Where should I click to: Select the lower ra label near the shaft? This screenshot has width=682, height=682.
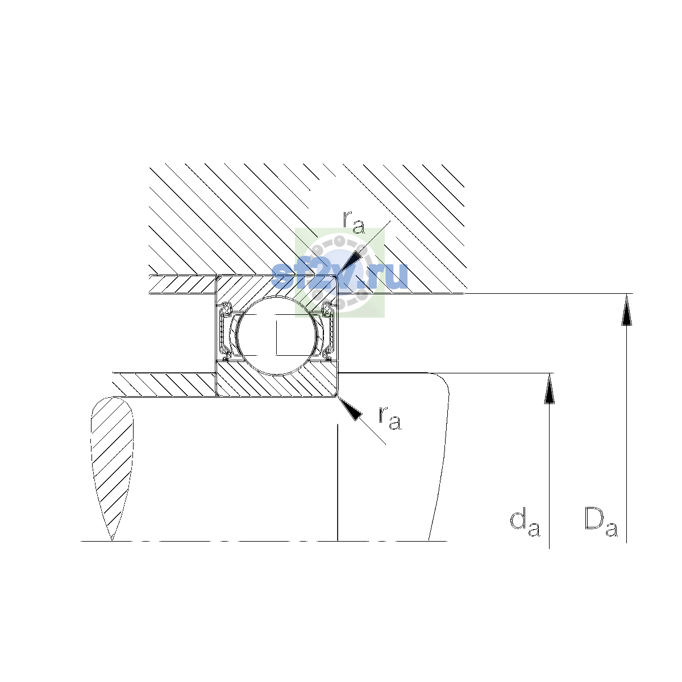click(x=390, y=418)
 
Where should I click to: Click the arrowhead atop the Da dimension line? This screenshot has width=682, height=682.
click(x=626, y=309)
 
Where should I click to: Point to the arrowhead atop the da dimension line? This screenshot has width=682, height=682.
click(x=549, y=389)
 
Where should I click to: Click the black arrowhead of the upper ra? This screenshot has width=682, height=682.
click(x=351, y=263)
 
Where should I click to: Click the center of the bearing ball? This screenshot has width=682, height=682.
click(x=277, y=335)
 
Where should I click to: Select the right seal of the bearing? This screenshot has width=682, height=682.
click(x=328, y=331)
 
